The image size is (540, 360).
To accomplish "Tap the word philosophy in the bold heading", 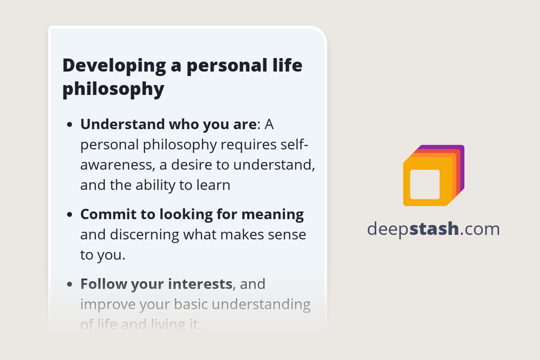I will [x=113, y=89].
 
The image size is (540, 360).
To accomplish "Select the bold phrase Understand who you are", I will [x=168, y=124].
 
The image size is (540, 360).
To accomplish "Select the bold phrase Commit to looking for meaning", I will [x=192, y=215].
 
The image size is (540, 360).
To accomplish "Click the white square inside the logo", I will [x=425, y=184].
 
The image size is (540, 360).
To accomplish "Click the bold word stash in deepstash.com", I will [x=435, y=229].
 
